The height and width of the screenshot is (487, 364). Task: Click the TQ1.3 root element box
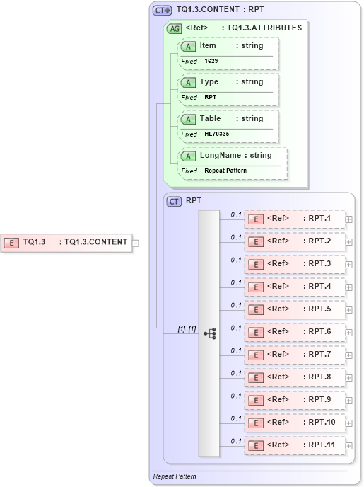click(66, 242)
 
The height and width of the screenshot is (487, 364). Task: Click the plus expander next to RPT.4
click(349, 287)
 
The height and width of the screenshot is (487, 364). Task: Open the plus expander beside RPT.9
click(349, 400)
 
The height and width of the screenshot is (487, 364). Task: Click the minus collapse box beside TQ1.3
click(136, 243)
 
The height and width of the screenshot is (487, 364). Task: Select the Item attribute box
click(228, 53)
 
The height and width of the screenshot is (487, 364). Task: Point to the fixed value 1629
click(211, 62)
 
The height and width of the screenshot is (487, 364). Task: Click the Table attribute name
click(211, 118)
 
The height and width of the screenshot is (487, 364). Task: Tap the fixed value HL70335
click(217, 134)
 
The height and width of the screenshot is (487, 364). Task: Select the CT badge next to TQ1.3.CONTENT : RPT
click(163, 11)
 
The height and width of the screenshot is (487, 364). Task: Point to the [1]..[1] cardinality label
click(187, 328)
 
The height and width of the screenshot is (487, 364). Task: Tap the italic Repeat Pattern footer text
click(175, 476)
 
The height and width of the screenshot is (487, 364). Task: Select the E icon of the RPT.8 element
click(255, 377)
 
